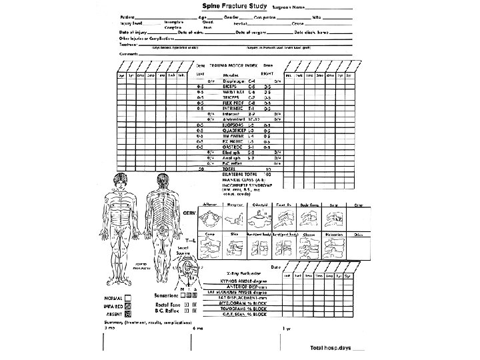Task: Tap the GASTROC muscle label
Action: coord(235,147)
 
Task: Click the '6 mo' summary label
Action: coord(196,329)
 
